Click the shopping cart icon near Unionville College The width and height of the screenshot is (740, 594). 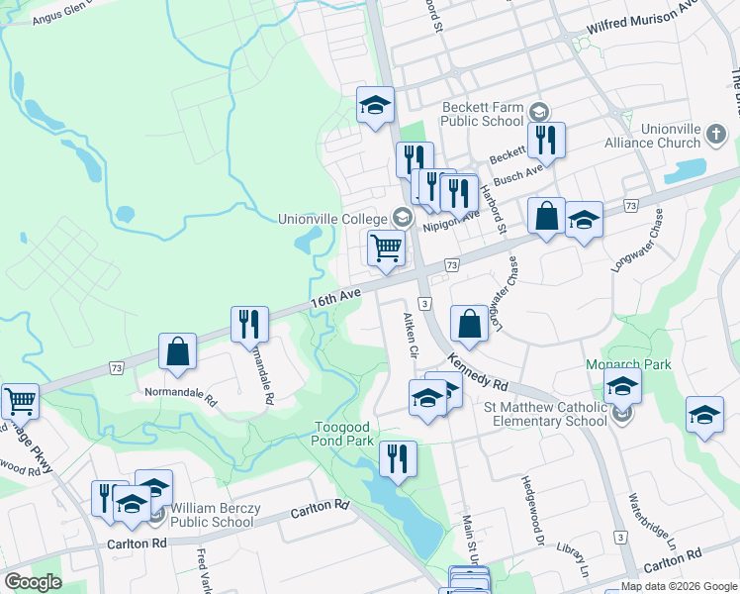point(386,247)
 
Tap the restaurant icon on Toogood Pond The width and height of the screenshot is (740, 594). point(398,459)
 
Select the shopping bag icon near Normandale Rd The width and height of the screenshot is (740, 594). point(177,351)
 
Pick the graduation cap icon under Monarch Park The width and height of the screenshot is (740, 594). point(622,386)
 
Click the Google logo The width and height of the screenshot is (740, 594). point(33,582)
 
